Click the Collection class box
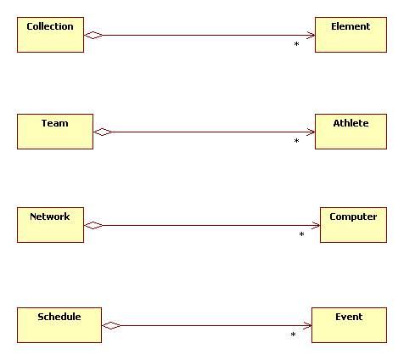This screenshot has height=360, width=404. (x=50, y=35)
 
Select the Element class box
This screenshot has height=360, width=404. (x=351, y=35)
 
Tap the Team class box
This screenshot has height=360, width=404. (x=55, y=132)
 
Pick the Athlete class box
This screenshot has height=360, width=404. (x=351, y=132)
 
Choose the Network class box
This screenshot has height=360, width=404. (x=50, y=225)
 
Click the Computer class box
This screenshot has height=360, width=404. (x=353, y=225)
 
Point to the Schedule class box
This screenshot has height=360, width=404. (x=59, y=325)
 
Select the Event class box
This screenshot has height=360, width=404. (x=349, y=325)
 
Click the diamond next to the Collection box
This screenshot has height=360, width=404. (x=93, y=35)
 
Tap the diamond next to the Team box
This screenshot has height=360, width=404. (x=103, y=132)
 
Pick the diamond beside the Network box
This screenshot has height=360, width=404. (x=93, y=225)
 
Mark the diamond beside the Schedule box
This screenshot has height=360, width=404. (x=111, y=325)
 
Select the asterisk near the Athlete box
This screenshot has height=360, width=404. (x=296, y=142)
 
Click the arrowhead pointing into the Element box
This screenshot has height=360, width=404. (x=310, y=35)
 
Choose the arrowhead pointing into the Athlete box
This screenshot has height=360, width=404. (x=310, y=132)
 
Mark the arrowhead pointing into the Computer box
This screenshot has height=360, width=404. (x=315, y=225)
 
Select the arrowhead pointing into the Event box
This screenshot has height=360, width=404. (x=307, y=325)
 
